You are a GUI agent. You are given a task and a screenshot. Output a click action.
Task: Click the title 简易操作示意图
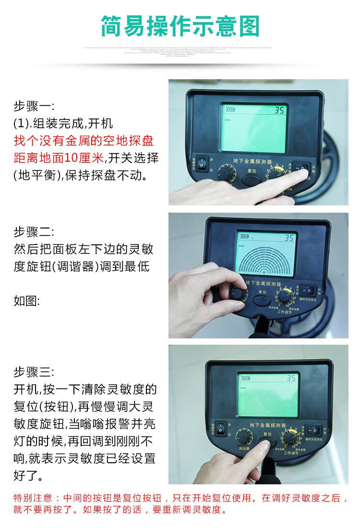(180, 26)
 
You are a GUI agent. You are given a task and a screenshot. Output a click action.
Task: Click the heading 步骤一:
(34, 106)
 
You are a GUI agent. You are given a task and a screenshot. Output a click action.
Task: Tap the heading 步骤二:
(34, 232)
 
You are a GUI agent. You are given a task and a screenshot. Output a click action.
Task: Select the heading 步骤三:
(34, 372)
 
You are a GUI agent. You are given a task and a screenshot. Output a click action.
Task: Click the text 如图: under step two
(27, 301)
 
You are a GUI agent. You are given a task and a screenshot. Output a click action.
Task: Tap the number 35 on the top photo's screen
(279, 110)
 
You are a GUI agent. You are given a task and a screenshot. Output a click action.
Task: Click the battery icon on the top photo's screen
(231, 109)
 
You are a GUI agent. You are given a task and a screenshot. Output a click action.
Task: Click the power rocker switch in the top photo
(203, 163)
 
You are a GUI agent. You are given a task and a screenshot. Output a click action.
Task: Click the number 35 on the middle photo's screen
(289, 238)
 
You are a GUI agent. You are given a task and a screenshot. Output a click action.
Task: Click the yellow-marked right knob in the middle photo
(285, 297)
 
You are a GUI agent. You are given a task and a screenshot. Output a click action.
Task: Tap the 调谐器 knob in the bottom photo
(244, 437)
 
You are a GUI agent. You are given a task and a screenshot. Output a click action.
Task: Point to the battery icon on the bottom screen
(246, 378)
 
